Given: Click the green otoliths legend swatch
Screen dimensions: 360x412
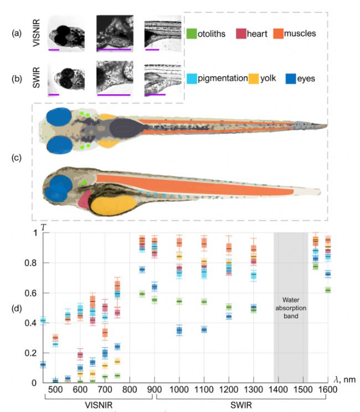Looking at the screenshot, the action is tap(192, 34).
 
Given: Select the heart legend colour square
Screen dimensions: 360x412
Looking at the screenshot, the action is tap(241, 34).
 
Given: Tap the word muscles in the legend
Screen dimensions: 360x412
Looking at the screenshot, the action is tap(300, 34).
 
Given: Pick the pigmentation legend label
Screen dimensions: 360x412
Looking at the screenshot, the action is tap(223, 79).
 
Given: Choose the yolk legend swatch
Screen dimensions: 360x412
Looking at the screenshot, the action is tap(254, 79).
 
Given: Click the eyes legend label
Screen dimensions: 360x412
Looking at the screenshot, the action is tap(306, 79).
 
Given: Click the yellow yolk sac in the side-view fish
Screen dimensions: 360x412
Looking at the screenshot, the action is tap(114, 206).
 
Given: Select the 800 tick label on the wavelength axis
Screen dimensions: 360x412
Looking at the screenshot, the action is tap(130, 389).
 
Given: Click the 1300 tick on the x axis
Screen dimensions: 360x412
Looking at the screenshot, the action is tap(254, 389).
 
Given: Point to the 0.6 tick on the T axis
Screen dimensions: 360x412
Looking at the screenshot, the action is tap(30, 293).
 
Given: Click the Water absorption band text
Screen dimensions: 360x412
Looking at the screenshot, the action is tap(291, 308).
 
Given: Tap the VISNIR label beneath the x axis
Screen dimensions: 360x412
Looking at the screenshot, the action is tap(99, 405).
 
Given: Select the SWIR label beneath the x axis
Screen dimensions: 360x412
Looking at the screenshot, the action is tap(241, 405).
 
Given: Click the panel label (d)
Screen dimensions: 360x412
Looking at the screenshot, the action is tap(17, 308).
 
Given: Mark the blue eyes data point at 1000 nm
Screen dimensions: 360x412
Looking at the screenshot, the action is tap(179, 330).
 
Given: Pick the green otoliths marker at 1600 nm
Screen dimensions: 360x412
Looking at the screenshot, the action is tap(328, 290).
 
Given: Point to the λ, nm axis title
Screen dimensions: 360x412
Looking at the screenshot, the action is tap(345, 380).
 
